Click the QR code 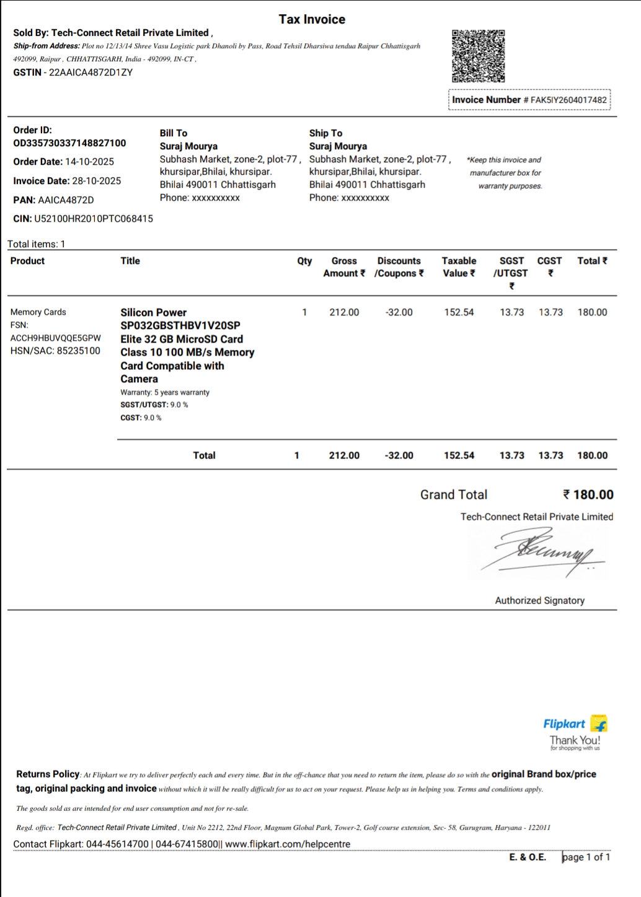(478, 56)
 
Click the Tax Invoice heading (312, 19)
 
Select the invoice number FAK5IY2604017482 (568, 100)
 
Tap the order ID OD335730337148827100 (69, 143)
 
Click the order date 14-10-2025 (90, 162)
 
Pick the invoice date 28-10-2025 (97, 181)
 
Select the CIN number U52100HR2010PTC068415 (94, 219)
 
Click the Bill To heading (174, 133)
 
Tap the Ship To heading (325, 133)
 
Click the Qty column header (304, 261)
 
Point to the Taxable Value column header (459, 267)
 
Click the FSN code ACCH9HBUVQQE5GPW (56, 338)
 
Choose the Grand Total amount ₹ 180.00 (588, 494)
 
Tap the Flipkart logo (575, 724)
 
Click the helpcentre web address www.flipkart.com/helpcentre (288, 844)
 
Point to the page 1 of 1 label (586, 857)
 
